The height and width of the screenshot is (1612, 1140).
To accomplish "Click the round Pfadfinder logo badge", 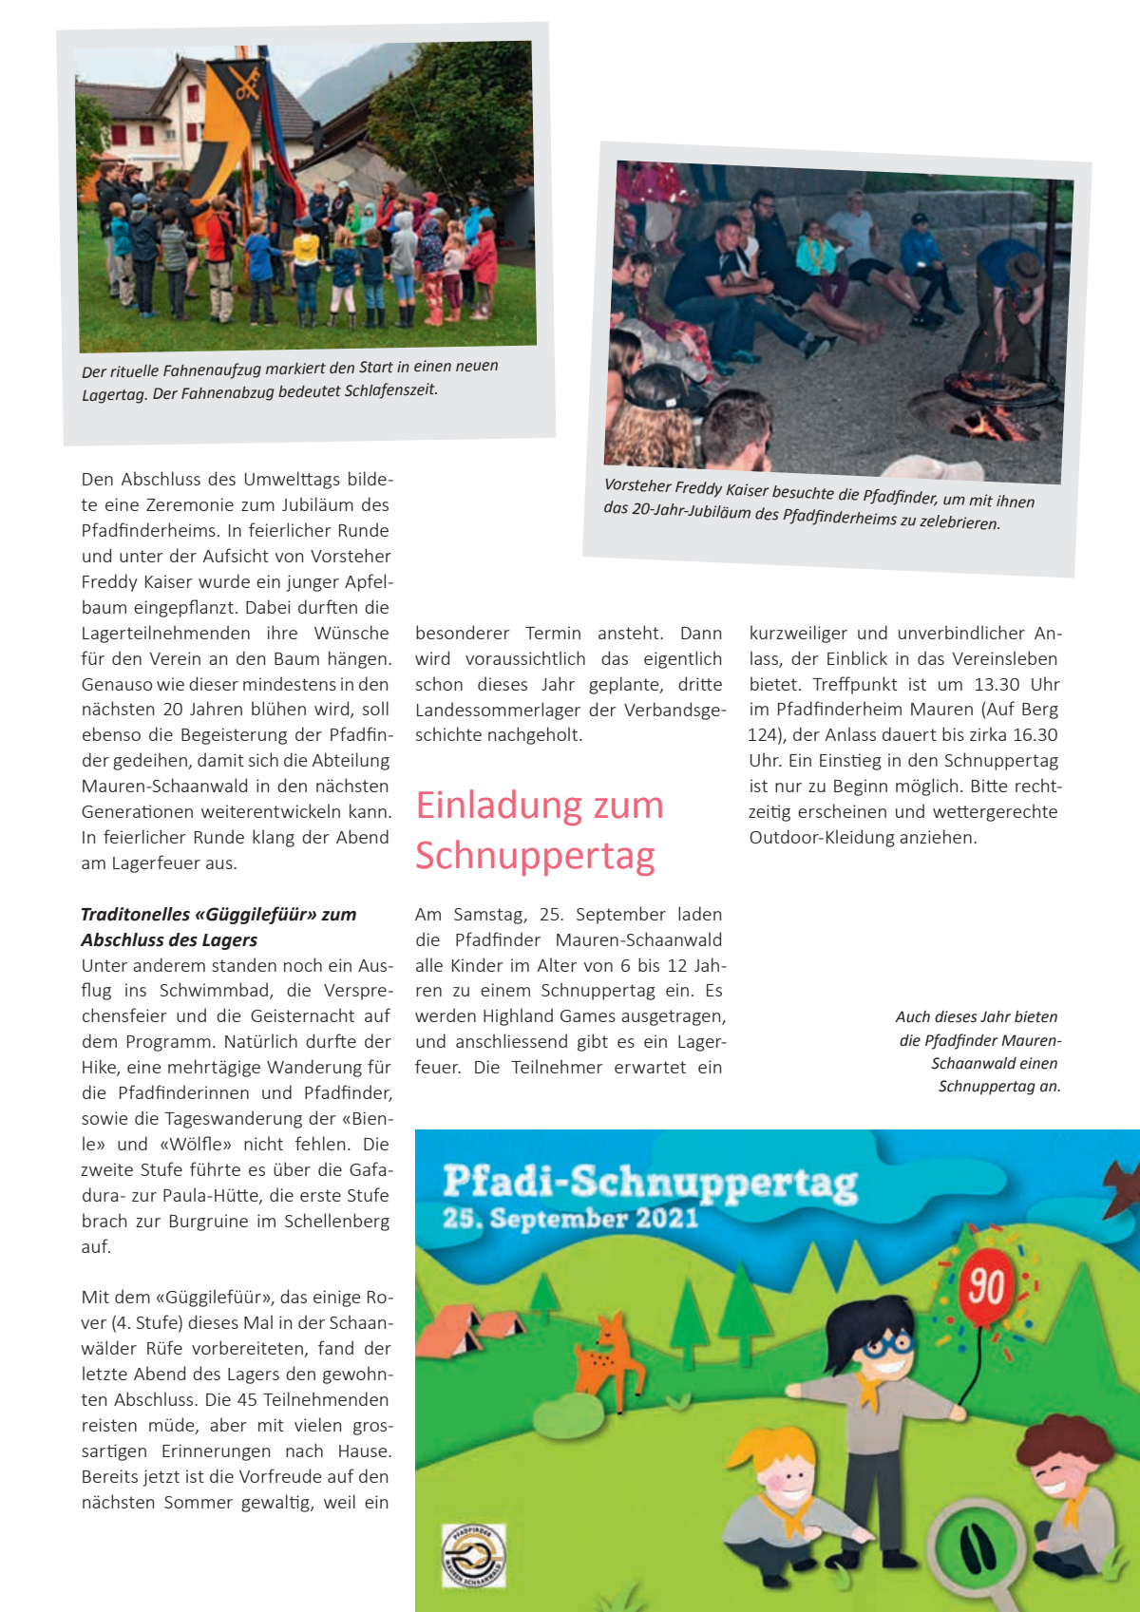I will coord(473,1554).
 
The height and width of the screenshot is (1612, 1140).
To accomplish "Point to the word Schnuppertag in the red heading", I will coord(535,855).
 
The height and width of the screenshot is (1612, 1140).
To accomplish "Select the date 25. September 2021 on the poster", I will coord(570,1219).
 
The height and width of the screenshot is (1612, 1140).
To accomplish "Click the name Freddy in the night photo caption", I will coord(698,488).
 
